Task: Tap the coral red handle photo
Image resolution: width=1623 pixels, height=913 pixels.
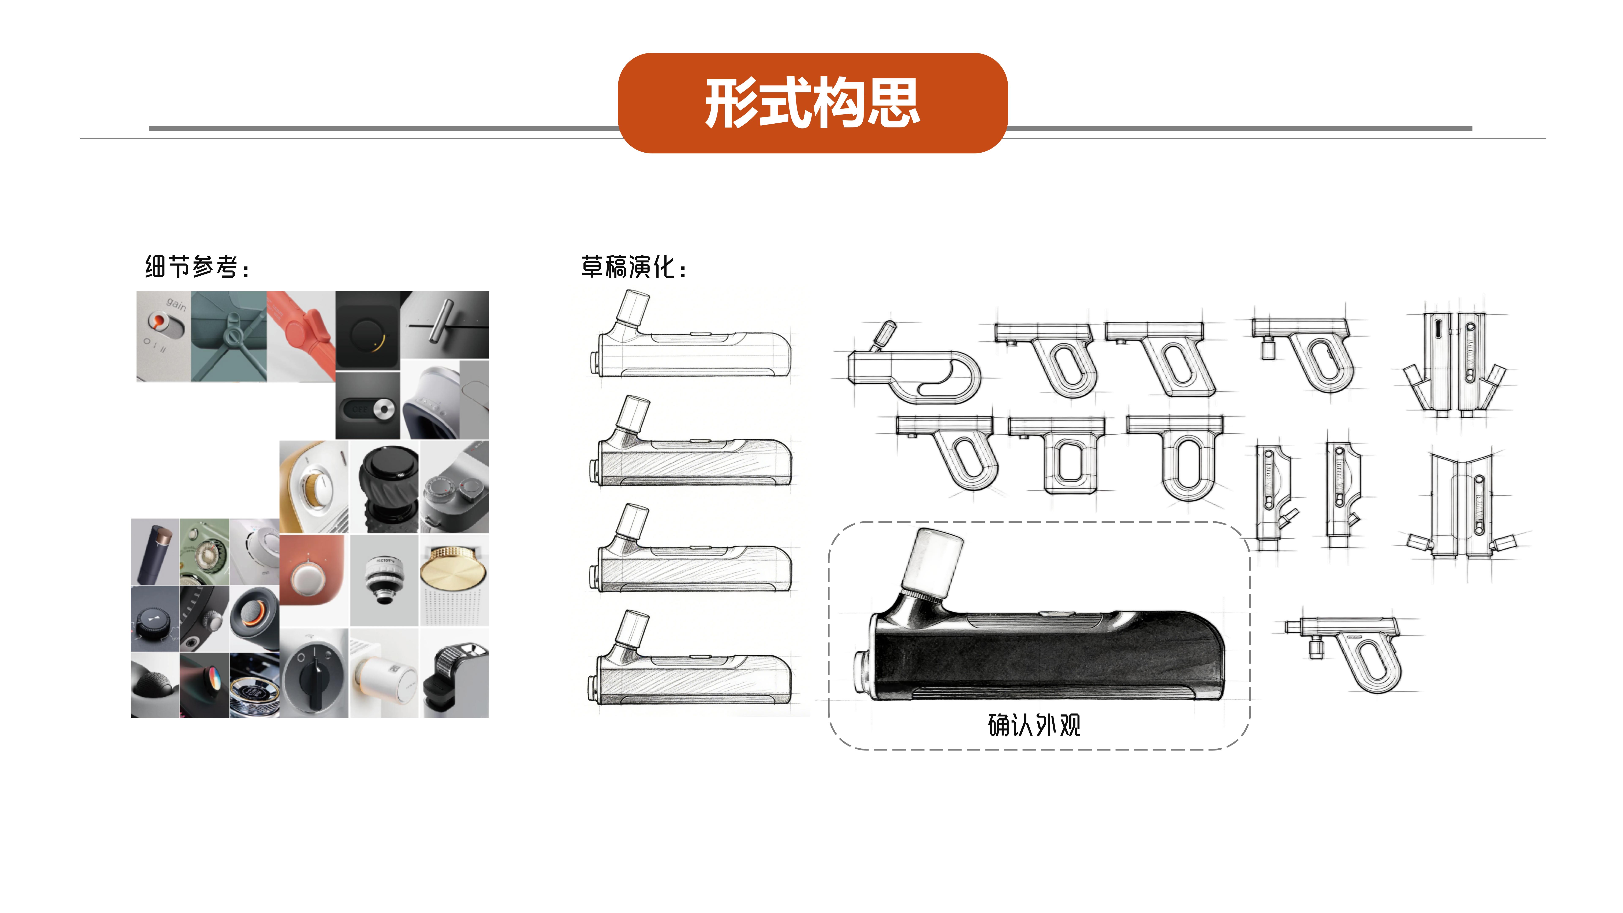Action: pos(301,334)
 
